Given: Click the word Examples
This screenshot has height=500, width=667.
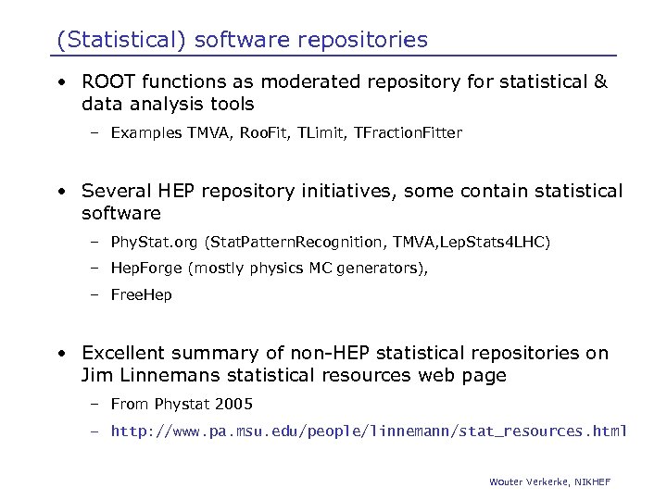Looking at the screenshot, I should [145, 133].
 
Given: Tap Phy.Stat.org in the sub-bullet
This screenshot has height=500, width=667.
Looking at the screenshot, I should [154, 243].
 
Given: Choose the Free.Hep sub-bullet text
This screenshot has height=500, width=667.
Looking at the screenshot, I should [141, 295].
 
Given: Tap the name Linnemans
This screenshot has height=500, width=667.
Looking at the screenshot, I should [170, 375].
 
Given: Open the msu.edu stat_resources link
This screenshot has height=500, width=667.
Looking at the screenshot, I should [369, 431].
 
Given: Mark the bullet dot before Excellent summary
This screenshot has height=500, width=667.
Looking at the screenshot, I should [60, 354].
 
